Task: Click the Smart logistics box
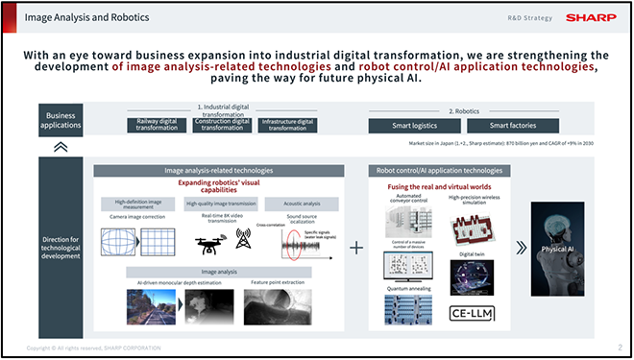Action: tap(415, 125)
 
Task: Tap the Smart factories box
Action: tap(511, 125)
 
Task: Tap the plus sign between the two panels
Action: tap(356, 248)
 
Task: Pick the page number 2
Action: tap(620, 347)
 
